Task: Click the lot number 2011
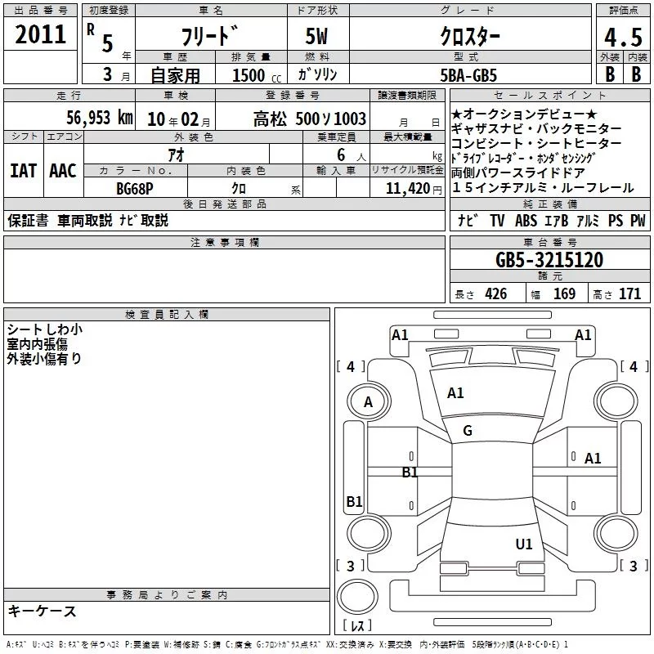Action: (x=40, y=34)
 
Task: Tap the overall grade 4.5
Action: (x=623, y=38)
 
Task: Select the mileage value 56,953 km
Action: (x=100, y=118)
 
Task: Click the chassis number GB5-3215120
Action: (x=549, y=259)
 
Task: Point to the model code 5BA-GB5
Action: (x=468, y=75)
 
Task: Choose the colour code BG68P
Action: (x=135, y=189)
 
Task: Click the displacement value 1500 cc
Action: (x=256, y=75)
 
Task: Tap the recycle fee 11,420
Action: (x=408, y=189)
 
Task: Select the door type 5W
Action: (x=316, y=36)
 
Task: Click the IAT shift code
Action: (x=24, y=171)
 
